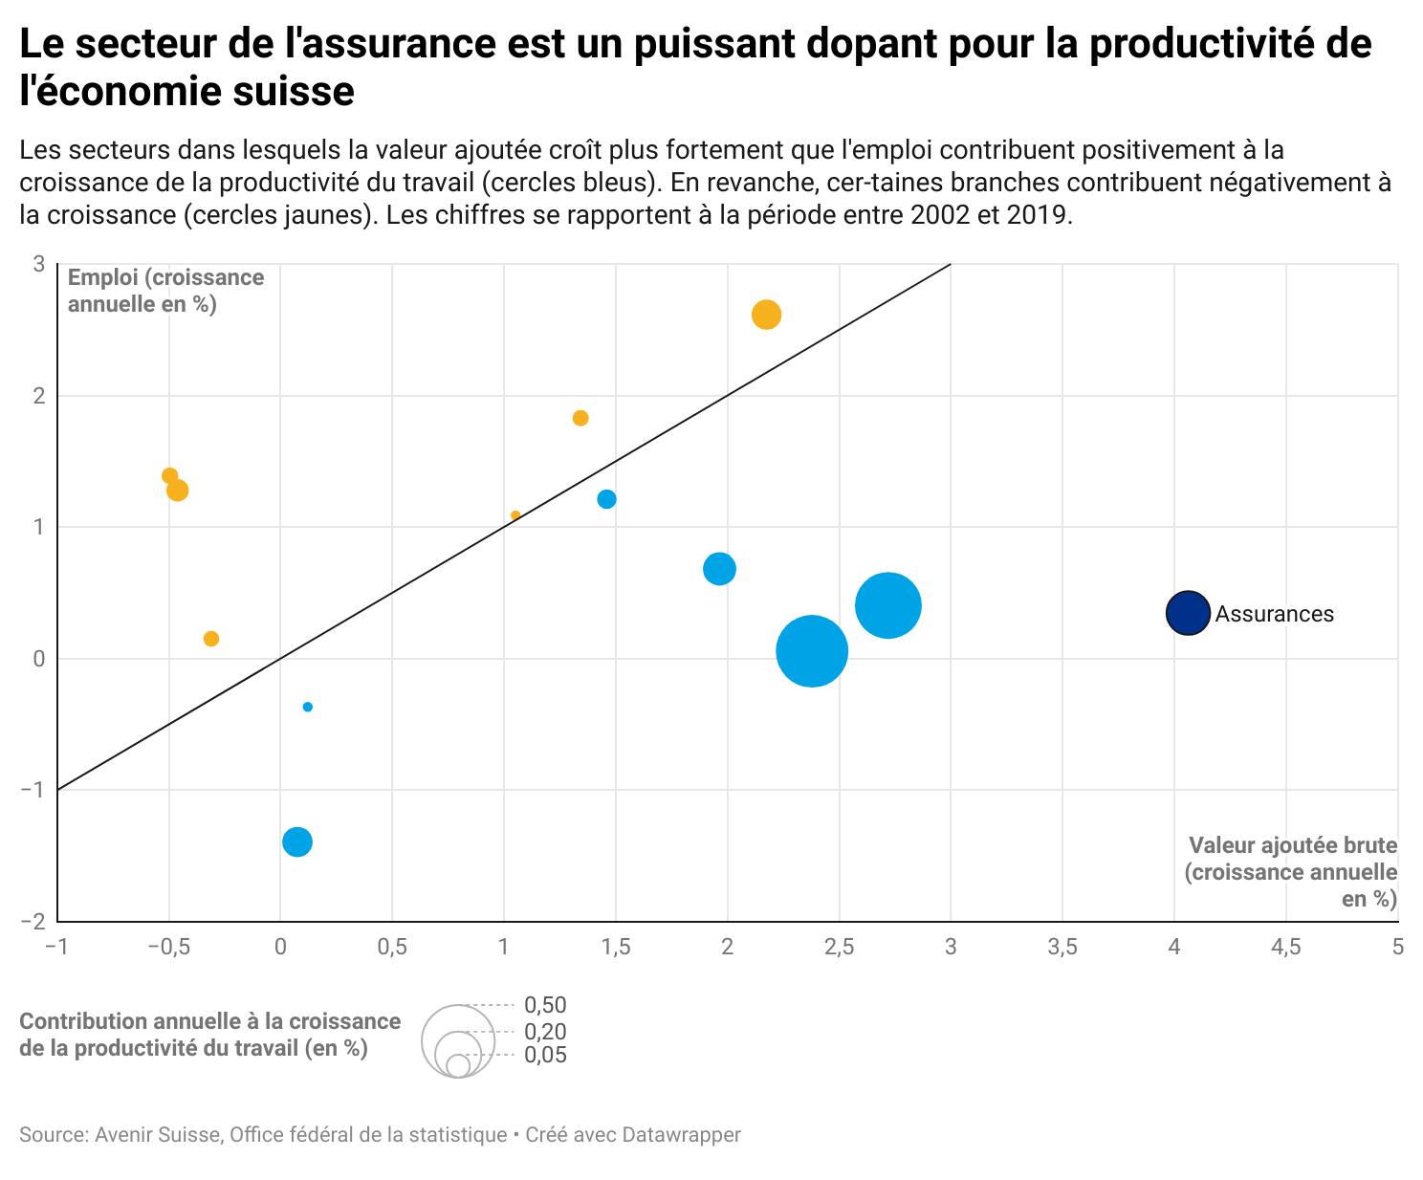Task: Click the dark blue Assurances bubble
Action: [1188, 613]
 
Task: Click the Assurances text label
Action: [1274, 614]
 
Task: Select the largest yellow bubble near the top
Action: [766, 315]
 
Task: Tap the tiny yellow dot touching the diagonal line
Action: [515, 515]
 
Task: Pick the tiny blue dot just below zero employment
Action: [307, 707]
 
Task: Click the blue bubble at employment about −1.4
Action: [297, 841]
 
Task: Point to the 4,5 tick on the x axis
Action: [1285, 947]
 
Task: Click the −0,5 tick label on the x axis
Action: [167, 947]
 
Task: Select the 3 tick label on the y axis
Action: [39, 264]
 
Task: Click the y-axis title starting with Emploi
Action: [165, 291]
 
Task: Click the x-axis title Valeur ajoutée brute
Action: [1292, 845]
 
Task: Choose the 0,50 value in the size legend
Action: [545, 1005]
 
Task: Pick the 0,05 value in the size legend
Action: [545, 1055]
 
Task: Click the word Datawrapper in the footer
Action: [681, 1135]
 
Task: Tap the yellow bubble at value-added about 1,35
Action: [580, 418]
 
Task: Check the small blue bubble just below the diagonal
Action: [606, 499]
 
